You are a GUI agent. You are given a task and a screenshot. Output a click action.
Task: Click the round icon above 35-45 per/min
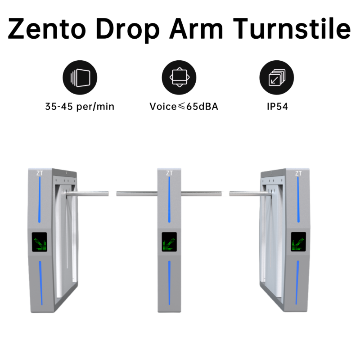click(80, 78)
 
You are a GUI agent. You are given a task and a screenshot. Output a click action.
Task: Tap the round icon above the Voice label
click(179, 78)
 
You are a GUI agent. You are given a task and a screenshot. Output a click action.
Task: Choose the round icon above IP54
click(276, 78)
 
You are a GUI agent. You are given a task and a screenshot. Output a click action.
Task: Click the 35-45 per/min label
click(80, 107)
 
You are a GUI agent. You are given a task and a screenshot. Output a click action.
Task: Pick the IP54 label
click(276, 107)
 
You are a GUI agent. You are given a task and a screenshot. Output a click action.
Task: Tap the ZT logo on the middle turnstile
click(169, 173)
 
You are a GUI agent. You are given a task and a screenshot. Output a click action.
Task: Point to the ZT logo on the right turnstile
click(298, 173)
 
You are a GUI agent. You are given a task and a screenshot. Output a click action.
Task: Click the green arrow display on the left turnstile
click(40, 243)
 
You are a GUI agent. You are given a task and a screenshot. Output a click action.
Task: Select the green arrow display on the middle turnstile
click(169, 243)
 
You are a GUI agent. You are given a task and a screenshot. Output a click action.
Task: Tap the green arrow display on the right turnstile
click(298, 243)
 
